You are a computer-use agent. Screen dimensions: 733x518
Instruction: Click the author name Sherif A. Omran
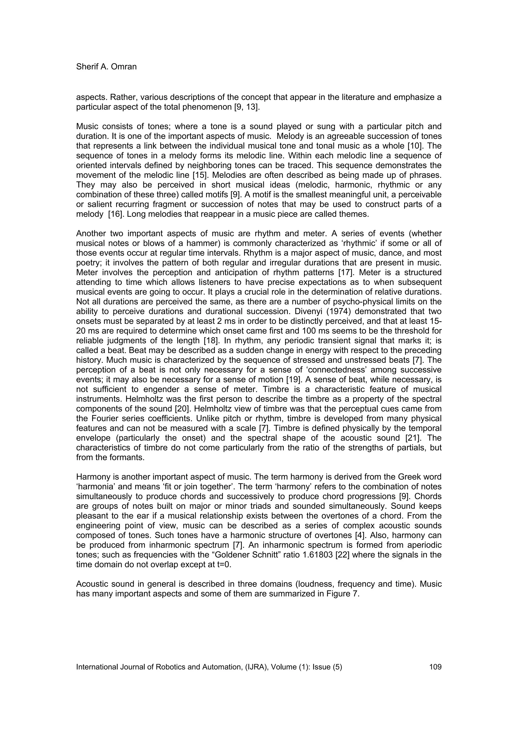point(106,67)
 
